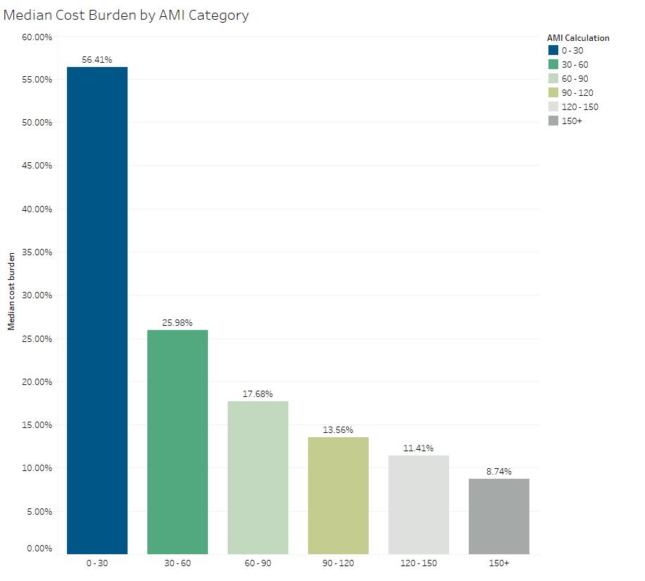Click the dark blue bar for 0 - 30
(97, 310)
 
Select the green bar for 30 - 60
(178, 442)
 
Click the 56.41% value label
(97, 60)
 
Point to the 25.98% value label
(178, 322)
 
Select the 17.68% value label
(258, 394)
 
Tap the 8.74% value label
(499, 471)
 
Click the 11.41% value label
(419, 448)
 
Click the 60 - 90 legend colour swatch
(553, 79)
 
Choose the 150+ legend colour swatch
(553, 121)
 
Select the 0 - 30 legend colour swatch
(553, 51)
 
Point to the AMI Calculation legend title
(578, 38)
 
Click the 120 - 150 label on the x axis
(419, 563)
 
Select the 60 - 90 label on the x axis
(258, 563)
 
